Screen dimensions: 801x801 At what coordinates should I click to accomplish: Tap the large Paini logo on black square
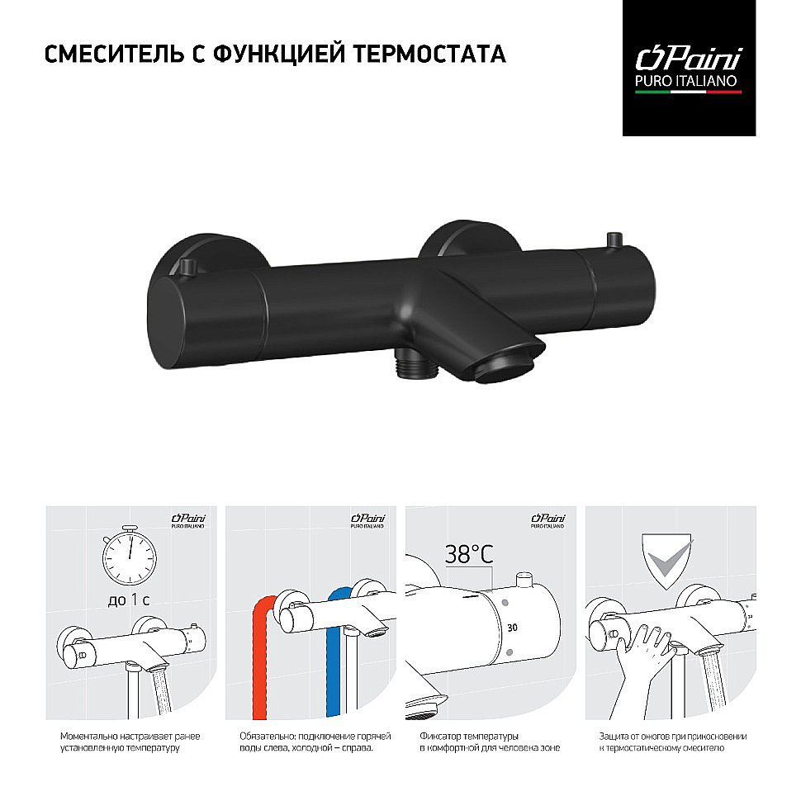(x=688, y=59)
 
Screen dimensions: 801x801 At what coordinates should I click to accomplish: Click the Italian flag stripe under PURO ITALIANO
(x=688, y=92)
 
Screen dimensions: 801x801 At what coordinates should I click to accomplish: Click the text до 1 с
(x=128, y=600)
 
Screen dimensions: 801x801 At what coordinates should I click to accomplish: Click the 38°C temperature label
(x=468, y=553)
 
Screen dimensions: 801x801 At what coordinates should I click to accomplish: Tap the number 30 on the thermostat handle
(x=512, y=628)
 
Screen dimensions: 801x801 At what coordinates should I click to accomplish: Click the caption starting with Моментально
(x=131, y=741)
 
